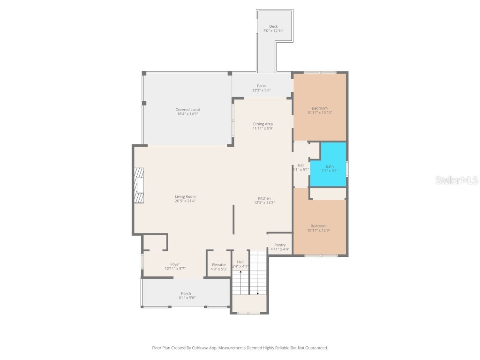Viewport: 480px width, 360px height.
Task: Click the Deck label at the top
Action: pos(273,29)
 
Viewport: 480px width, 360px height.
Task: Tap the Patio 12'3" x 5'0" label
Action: pos(261,88)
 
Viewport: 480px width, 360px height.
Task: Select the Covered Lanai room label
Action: pos(187,112)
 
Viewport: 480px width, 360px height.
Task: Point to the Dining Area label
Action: pos(263,126)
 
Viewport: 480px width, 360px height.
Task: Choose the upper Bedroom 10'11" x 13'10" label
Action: pos(320,110)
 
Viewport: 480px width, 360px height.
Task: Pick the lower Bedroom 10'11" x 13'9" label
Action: pos(320,228)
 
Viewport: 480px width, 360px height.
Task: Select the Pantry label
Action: pos(280,247)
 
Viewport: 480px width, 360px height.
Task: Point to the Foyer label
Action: pos(175,266)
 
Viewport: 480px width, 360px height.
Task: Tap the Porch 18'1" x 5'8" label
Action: pos(186,296)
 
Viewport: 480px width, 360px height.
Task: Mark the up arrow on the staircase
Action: pos(241,272)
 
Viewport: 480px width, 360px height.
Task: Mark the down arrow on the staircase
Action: pos(257,292)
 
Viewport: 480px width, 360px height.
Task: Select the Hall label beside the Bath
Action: pos(301,167)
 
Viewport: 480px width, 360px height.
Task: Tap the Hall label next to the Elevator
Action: pos(240,264)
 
